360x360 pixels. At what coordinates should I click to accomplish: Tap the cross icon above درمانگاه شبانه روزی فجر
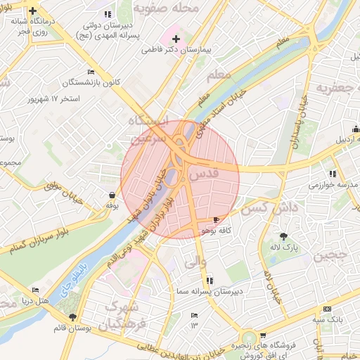coord(33,11)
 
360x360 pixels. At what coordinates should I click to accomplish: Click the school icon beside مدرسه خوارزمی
coord(332,174)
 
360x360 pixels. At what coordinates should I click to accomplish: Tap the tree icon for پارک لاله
coord(284,236)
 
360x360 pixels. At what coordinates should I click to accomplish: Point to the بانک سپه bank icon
coord(327,309)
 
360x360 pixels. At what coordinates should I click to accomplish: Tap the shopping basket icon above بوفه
coord(112,195)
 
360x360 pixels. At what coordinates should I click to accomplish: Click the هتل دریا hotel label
coord(55,300)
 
